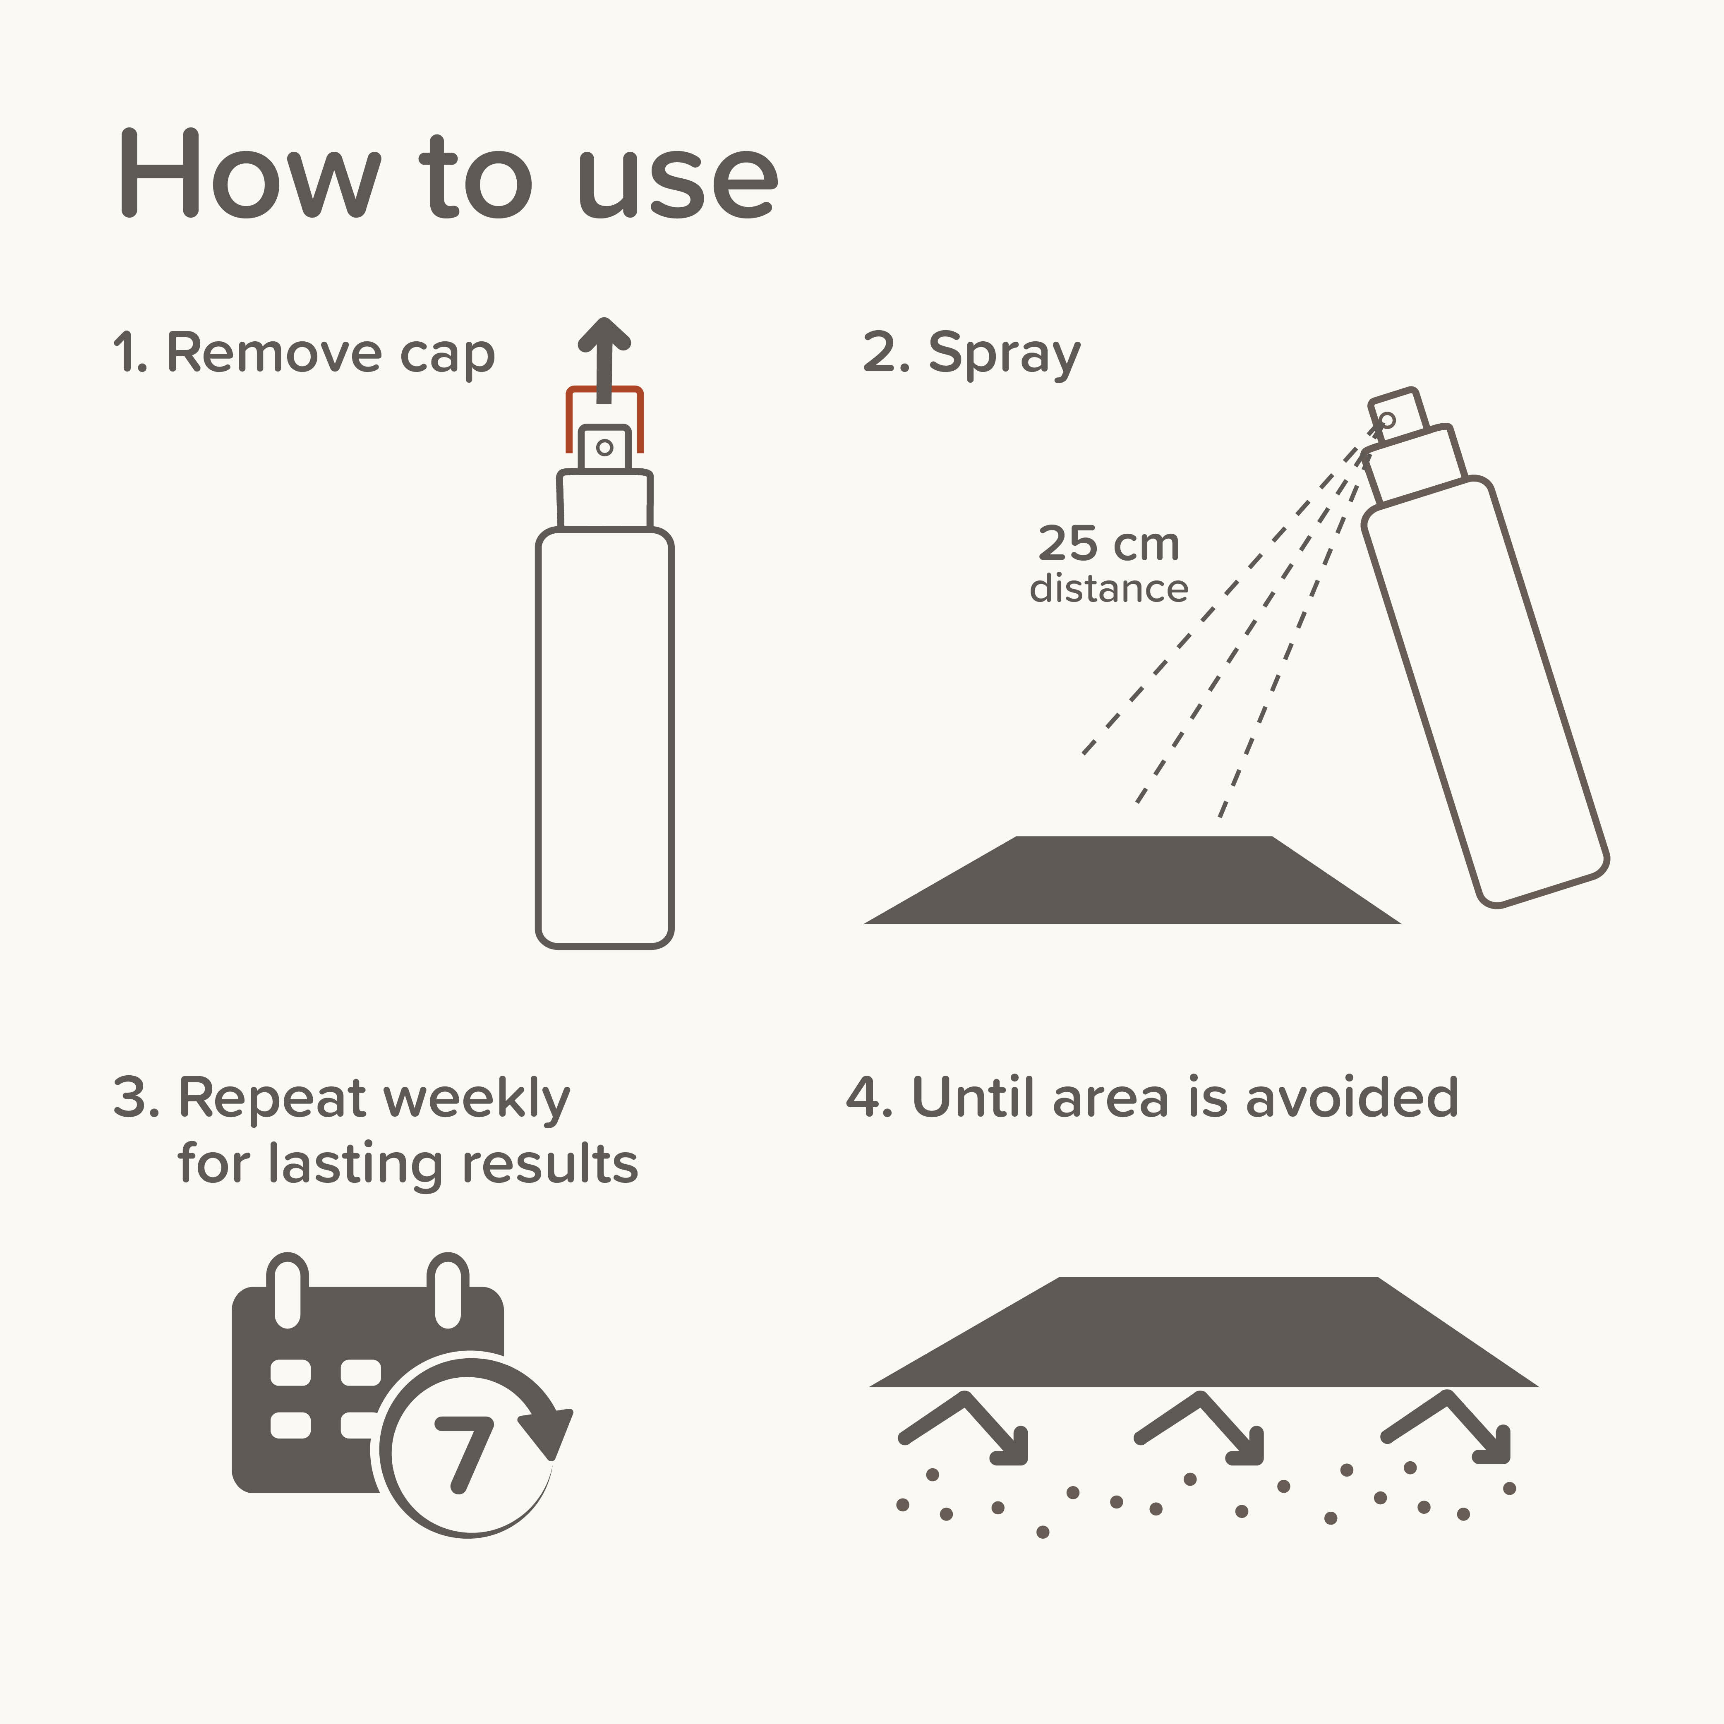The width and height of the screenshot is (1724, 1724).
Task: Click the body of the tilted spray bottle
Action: tap(1485, 692)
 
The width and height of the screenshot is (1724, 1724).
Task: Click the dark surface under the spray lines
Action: tap(1132, 880)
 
